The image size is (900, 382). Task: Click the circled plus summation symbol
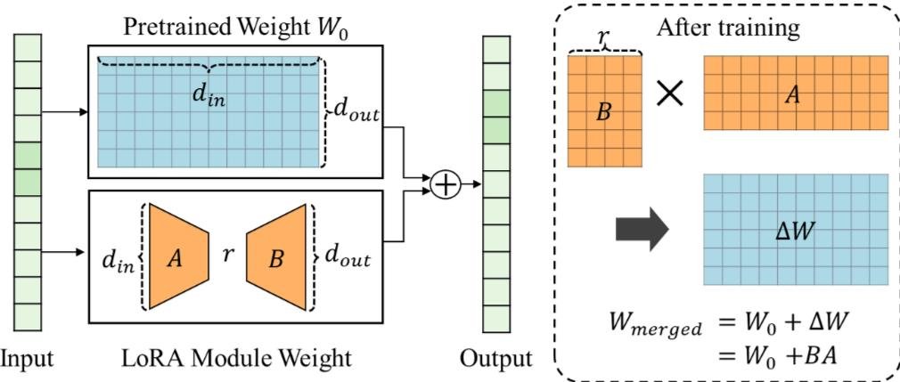tap(445, 184)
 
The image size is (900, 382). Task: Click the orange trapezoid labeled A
tap(178, 256)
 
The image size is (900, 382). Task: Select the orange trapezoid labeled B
tap(276, 256)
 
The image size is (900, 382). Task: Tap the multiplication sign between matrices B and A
tap(670, 93)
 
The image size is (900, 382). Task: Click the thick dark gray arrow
tap(642, 231)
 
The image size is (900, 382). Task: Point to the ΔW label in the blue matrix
tap(796, 230)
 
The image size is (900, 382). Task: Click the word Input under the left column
tap(27, 359)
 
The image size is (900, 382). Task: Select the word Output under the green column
tap(496, 359)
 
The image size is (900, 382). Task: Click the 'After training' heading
tap(728, 28)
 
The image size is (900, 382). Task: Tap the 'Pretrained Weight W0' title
tap(235, 27)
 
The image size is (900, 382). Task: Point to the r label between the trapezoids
tap(227, 256)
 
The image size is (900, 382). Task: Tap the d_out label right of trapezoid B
tap(347, 256)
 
